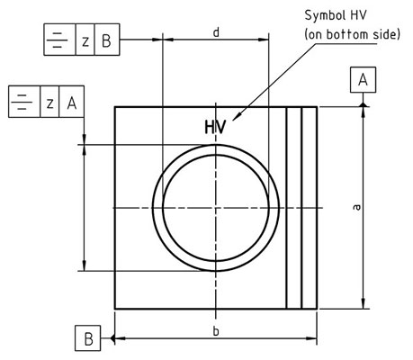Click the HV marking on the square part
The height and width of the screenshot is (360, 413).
click(215, 127)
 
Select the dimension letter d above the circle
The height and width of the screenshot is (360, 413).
click(216, 32)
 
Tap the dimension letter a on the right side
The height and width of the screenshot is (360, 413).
click(356, 207)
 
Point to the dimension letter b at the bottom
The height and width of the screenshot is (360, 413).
click(216, 331)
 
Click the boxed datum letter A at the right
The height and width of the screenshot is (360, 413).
click(363, 80)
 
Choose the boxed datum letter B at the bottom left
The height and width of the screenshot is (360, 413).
click(87, 338)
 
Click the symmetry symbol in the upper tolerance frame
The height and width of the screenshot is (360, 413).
click(58, 40)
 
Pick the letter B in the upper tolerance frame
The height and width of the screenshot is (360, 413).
click(106, 40)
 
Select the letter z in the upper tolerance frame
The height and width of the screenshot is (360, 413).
click(85, 41)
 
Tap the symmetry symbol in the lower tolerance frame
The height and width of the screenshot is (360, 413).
click(22, 102)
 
